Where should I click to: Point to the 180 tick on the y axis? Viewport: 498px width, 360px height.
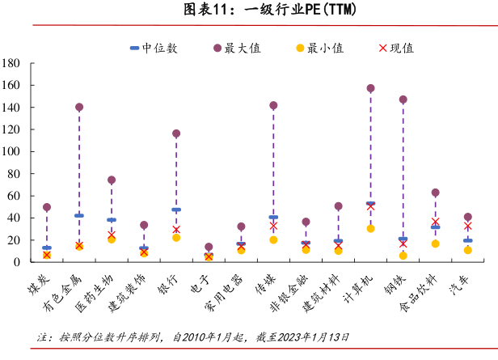pos(11,63)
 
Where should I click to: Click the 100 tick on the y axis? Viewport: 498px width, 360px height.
pos(11,151)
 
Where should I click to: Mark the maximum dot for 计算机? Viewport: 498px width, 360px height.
pos(370,88)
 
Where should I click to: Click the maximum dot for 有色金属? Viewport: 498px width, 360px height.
pos(79,107)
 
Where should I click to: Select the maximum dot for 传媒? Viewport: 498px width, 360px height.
pos(273,105)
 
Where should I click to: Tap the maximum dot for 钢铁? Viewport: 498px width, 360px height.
pos(403,100)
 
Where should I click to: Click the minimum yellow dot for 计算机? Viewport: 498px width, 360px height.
pos(370,228)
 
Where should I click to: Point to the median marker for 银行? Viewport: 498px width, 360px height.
pos(176,210)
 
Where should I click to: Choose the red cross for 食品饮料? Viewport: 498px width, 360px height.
pos(435,222)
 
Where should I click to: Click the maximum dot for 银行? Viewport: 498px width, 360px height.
pos(176,133)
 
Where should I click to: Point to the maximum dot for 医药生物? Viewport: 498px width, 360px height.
pos(112,180)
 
